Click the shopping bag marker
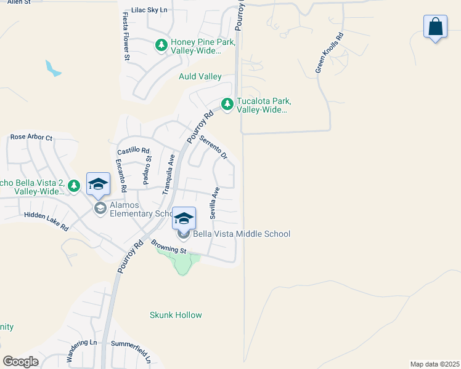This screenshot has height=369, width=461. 435,27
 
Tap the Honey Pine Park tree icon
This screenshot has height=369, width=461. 161,45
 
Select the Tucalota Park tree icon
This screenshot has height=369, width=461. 227,105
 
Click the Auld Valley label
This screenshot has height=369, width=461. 200,77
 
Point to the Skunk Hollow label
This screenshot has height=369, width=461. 176,315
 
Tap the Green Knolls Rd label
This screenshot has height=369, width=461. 329,53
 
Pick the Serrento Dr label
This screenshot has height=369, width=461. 213,148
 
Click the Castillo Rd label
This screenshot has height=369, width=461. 133,150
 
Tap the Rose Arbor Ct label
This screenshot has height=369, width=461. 31,137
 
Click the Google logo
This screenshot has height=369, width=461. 20,362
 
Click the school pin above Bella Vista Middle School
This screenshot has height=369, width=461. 184,218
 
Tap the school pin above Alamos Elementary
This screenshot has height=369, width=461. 99,184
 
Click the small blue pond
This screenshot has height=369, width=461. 53,68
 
